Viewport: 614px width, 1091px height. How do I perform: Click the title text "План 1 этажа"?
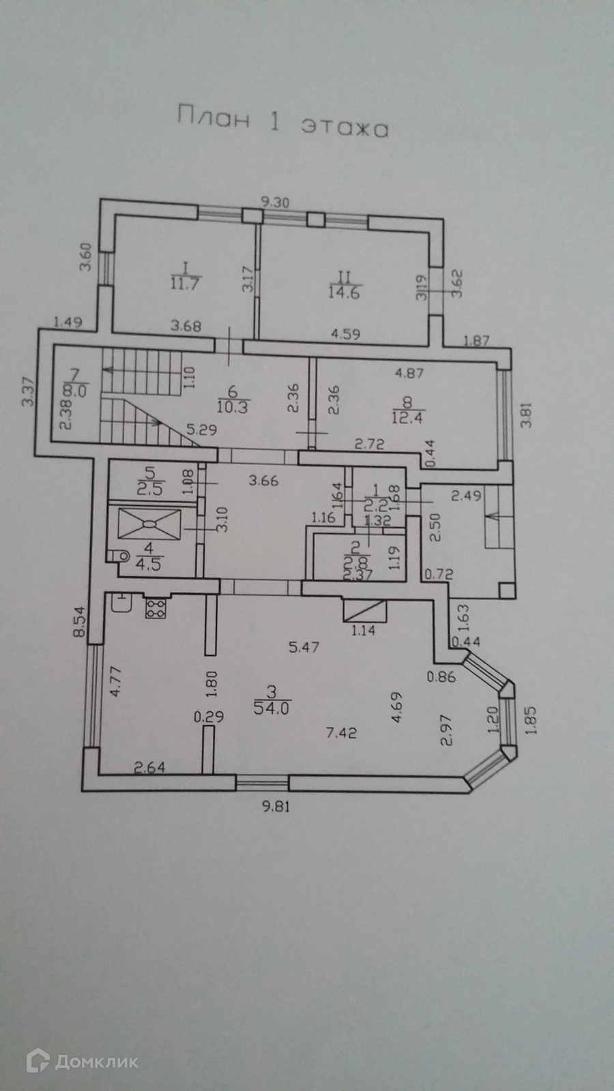point(282,121)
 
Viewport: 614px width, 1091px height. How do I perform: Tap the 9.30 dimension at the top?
point(276,202)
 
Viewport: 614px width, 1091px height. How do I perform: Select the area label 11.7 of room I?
point(184,284)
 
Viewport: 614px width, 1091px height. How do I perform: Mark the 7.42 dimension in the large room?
point(341,733)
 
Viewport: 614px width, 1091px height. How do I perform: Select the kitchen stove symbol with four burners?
point(155,608)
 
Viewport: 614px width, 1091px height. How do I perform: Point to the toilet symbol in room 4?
point(121,556)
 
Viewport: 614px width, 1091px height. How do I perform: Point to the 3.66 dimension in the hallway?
point(263,481)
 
